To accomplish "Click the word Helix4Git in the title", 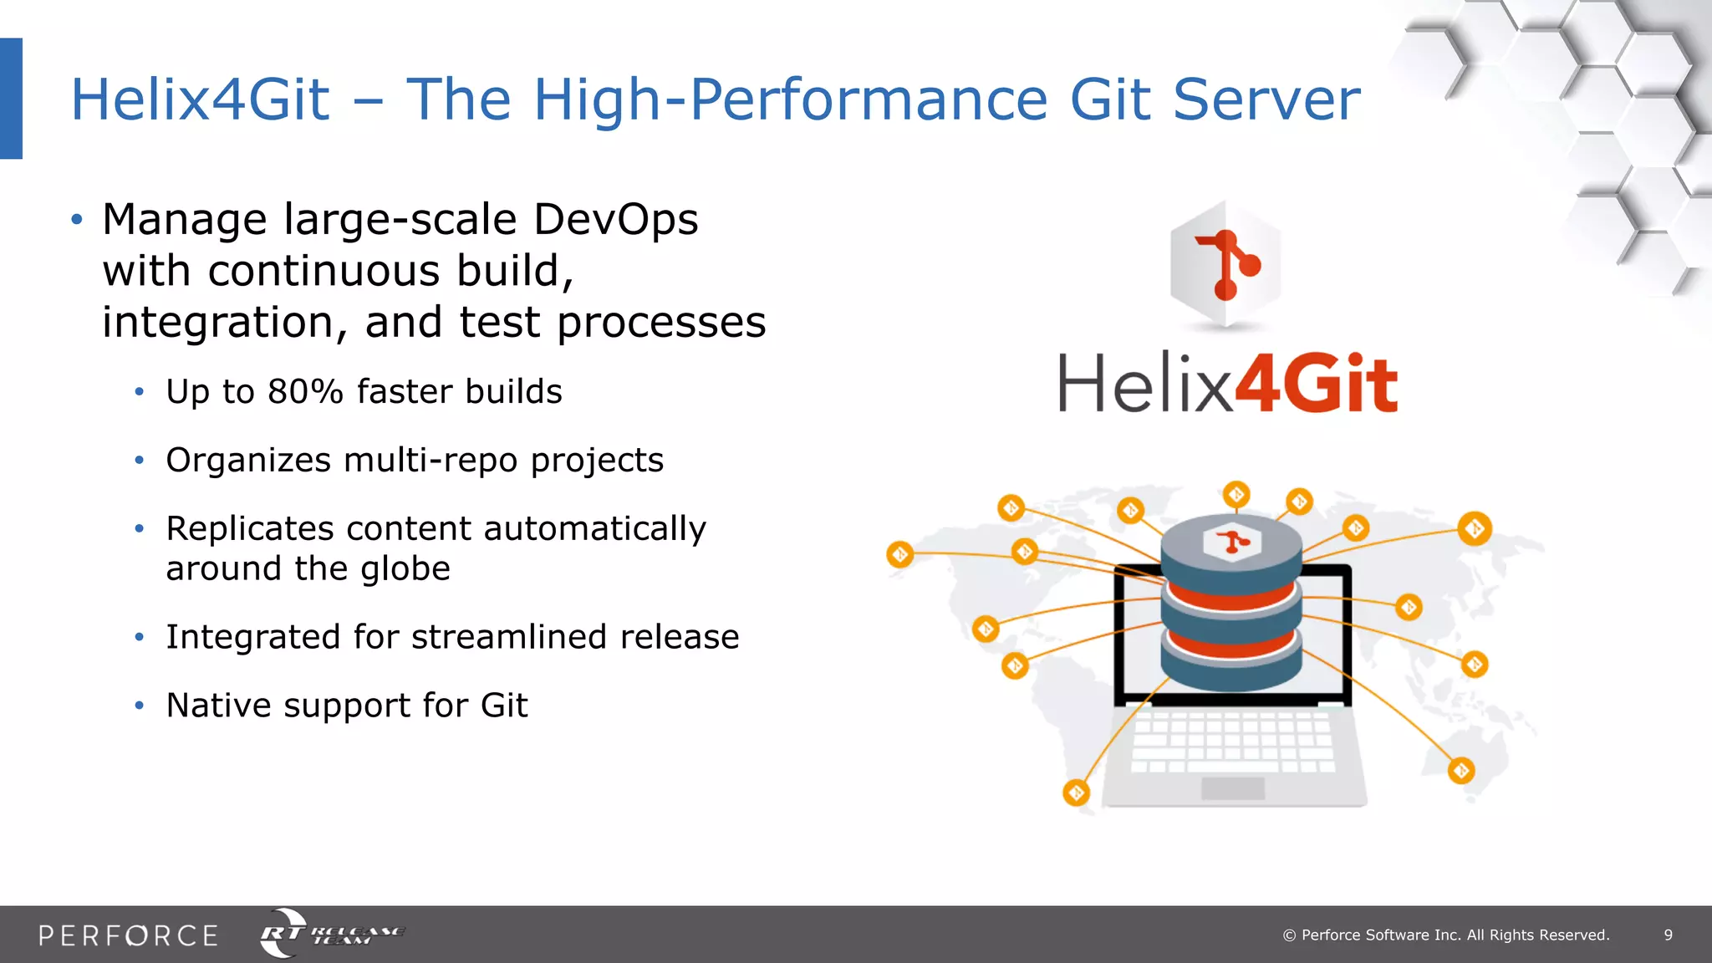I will point(201,100).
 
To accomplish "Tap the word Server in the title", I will point(1266,100).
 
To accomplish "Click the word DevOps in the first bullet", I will point(615,220).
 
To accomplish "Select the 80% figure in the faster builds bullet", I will point(305,392).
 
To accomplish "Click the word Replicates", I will point(250,529).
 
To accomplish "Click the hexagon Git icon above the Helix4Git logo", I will point(1225,264).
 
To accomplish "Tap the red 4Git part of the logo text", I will point(1317,384).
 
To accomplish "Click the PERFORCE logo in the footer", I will point(128,935).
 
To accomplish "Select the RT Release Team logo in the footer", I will point(331,933).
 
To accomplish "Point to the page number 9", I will point(1668,935).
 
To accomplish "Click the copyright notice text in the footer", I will point(1446,935).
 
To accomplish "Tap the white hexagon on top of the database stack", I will point(1231,543).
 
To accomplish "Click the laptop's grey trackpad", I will point(1232,787).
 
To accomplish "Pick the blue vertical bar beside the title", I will point(11,99).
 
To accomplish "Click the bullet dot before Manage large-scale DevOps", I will point(77,220).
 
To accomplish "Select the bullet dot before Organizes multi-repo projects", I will point(140,461).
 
